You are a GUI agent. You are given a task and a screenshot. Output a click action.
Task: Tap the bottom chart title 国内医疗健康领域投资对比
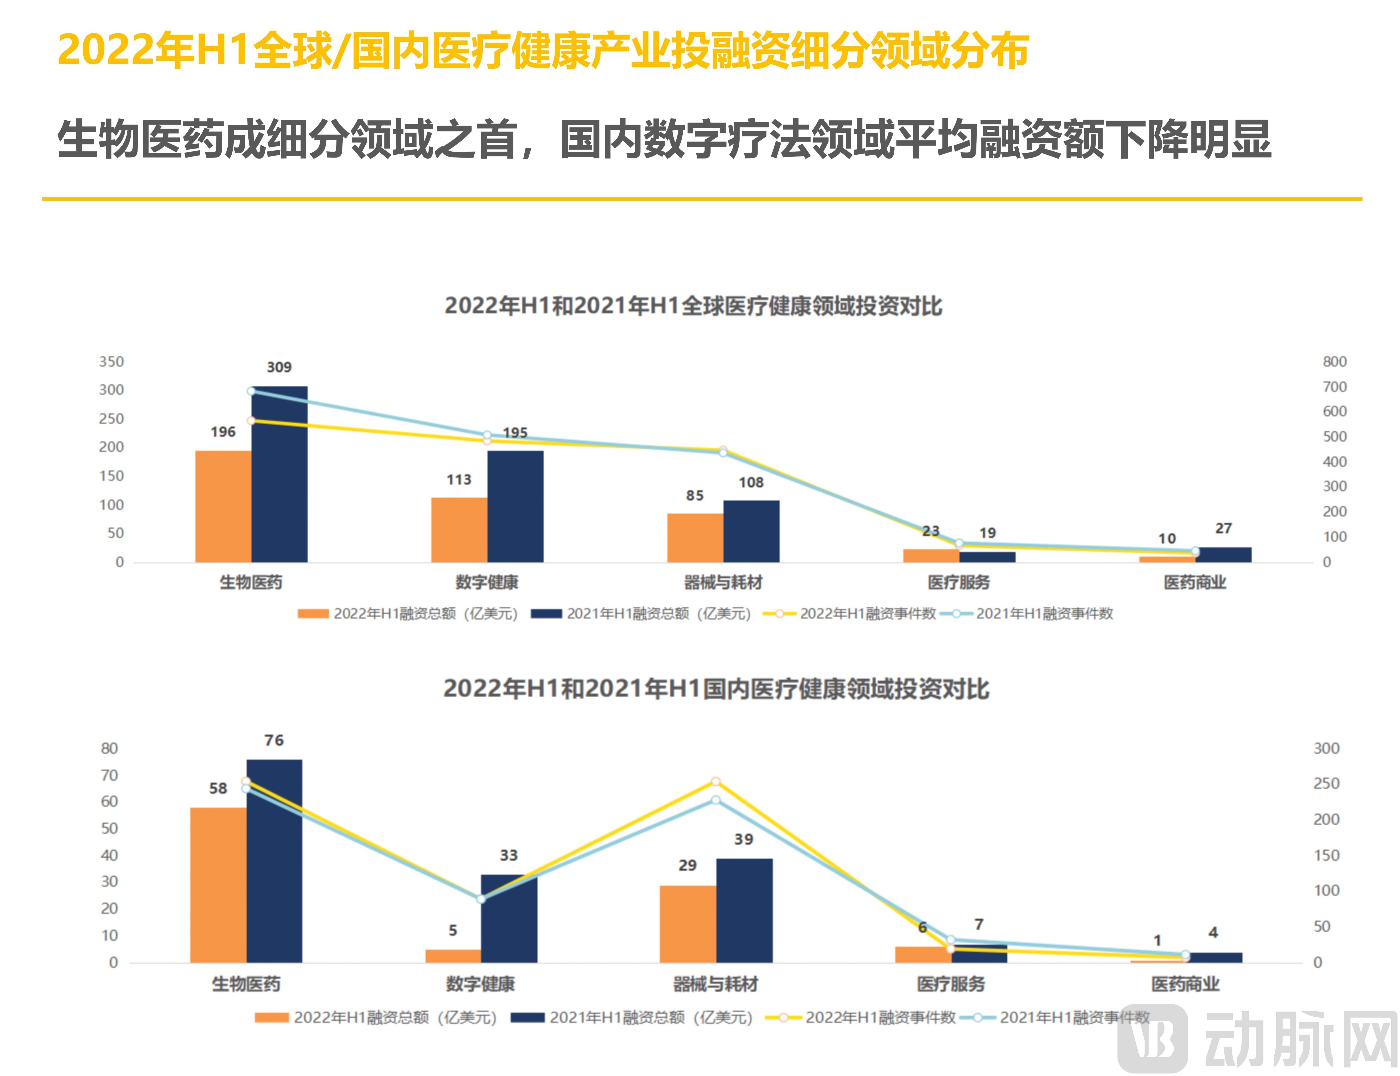click(716, 689)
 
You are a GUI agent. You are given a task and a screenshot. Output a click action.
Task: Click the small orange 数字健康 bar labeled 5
click(453, 956)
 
